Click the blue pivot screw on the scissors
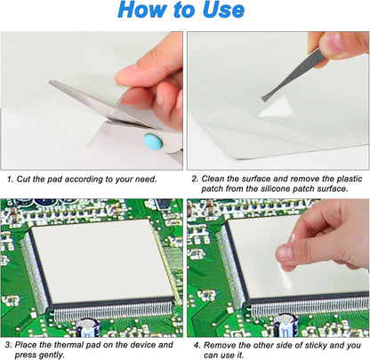(151, 141)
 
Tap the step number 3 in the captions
(6, 344)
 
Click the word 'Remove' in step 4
(223, 344)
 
